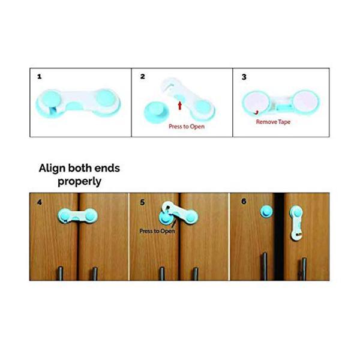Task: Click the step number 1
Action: (x=40, y=77)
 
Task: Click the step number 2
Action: (x=142, y=77)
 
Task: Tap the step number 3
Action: (x=244, y=77)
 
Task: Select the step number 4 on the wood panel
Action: (x=40, y=202)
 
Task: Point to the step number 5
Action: (x=142, y=202)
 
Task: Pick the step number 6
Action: (x=244, y=202)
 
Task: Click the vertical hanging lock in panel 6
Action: (x=296, y=222)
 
